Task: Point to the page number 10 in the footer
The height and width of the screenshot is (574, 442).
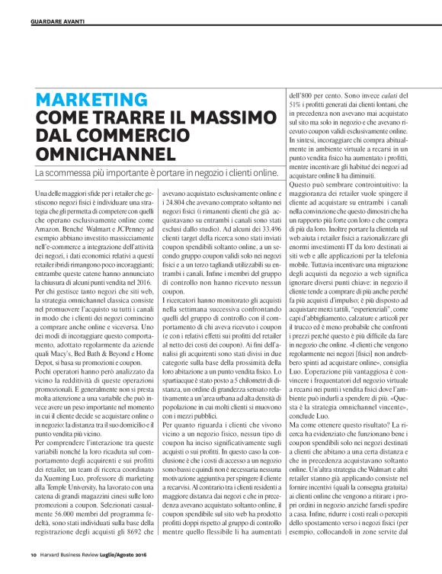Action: click(34, 553)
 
